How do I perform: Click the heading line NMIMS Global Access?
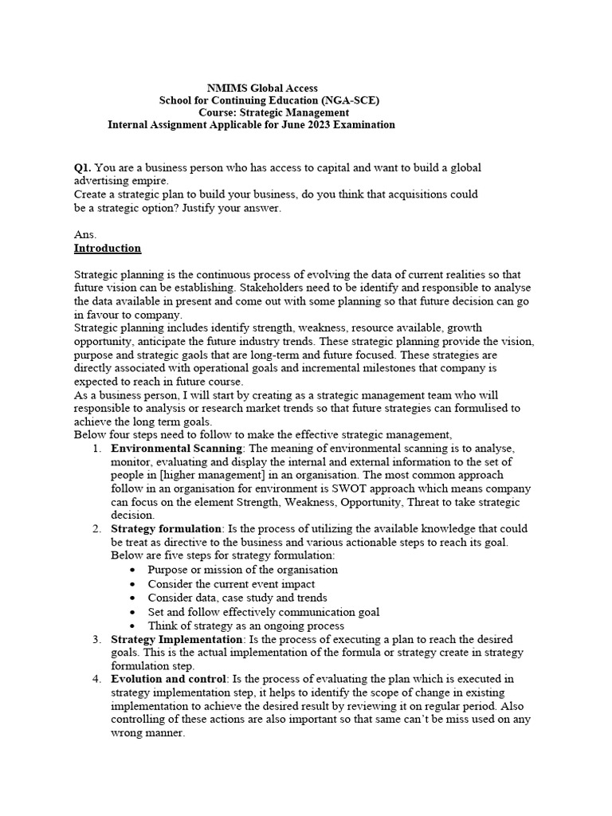point(262,88)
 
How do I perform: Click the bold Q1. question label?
point(83,168)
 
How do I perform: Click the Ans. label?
point(85,235)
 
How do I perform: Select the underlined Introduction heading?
point(108,249)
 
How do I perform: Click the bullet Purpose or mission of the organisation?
point(242,570)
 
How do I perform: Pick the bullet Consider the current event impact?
point(231,584)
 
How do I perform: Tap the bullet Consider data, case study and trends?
point(237,598)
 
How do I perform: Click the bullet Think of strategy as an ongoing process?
point(246,626)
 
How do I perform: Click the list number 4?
point(96,679)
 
